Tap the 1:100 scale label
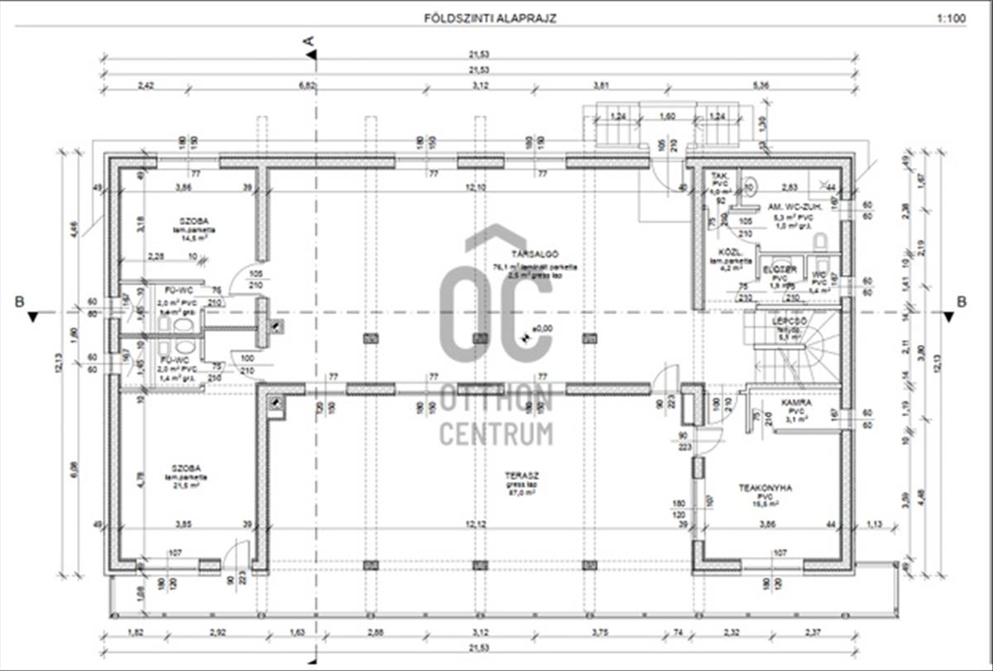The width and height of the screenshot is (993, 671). coord(952,17)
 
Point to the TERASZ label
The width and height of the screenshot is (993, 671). coord(520,476)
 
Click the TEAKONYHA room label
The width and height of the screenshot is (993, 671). coord(765,488)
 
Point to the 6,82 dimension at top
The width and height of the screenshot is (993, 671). coord(308,85)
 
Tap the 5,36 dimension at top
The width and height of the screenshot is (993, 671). coord(762,85)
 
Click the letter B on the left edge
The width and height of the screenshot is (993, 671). coord(19,302)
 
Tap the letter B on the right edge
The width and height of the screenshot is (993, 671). coord(962,302)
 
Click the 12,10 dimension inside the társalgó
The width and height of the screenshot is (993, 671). coord(474,189)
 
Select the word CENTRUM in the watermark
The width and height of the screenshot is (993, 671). coord(496,433)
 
